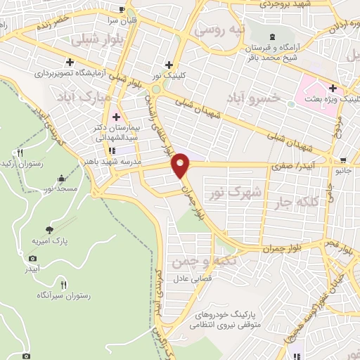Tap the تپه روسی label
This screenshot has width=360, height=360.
pyautogui.click(x=219, y=31)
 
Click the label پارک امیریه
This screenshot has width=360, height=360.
pyautogui.click(x=50, y=241)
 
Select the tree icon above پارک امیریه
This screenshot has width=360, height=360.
pyautogui.click(x=49, y=229)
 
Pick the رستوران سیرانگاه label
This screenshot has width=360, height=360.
pyautogui.click(x=65, y=297)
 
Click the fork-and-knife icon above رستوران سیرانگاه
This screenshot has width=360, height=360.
pyautogui.click(x=64, y=285)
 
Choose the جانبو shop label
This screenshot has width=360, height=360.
pyautogui.click(x=343, y=169)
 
